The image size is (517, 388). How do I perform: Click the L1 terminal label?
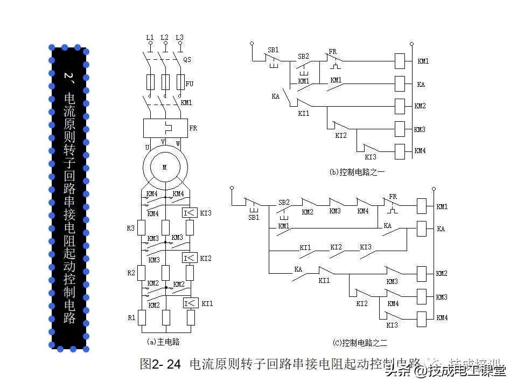coord(150,37)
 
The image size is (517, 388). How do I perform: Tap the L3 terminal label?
coord(180,37)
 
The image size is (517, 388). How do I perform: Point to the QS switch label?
coord(187,59)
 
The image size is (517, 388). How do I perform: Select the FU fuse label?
coord(189,84)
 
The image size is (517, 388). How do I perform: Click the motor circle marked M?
coord(165,167)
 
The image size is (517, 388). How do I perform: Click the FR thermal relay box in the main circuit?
coord(165,128)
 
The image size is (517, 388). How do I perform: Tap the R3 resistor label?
coord(131,228)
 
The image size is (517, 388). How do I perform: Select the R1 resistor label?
coord(131,317)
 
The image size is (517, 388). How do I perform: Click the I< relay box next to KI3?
coord(189,213)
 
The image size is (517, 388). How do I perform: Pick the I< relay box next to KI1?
coord(189,303)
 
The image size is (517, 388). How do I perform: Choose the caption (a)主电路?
coord(163,341)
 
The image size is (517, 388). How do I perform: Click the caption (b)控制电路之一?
coord(358,172)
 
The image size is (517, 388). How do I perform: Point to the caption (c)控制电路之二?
coord(360,342)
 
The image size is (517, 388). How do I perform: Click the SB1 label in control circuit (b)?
coord(273,50)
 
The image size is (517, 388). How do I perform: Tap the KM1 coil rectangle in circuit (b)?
coord(400,61)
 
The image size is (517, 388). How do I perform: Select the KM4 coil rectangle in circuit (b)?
coord(400,151)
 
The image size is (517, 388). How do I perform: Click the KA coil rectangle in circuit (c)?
coord(423,229)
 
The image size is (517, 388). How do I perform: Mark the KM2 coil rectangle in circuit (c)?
coord(423,274)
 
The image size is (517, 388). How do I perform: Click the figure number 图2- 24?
coord(160,364)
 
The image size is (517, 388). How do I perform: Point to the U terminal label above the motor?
coord(147,147)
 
